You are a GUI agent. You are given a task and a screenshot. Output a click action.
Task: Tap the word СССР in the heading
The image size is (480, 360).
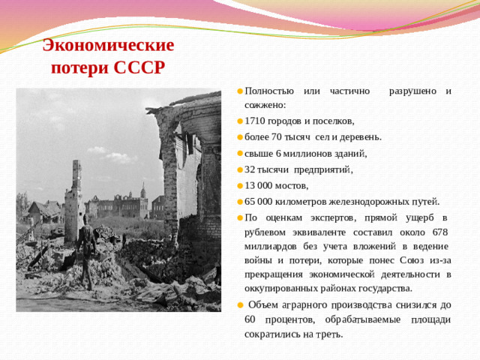pyautogui.click(x=139, y=68)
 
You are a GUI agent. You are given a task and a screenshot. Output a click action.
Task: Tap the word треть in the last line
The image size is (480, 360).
pyautogui.click(x=328, y=334)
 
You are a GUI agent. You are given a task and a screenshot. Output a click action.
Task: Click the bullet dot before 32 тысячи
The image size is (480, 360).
pyautogui.click(x=238, y=169)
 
